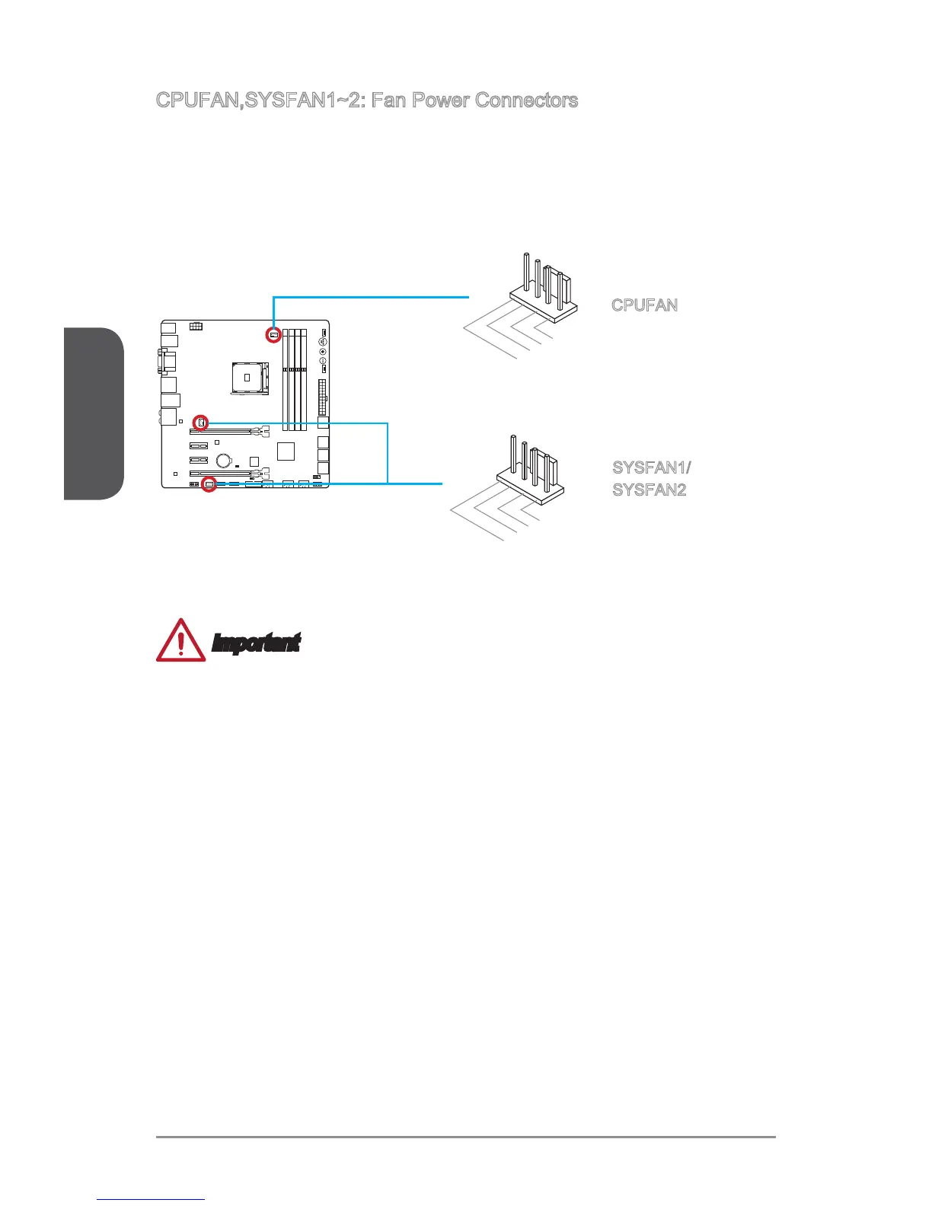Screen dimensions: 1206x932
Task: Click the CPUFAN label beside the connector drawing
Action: (644, 305)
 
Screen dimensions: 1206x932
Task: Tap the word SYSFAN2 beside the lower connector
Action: (650, 490)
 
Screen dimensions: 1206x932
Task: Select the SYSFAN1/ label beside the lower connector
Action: (652, 467)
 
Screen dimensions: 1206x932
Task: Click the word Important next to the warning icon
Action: (256, 644)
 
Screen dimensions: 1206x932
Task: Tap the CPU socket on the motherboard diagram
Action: (248, 376)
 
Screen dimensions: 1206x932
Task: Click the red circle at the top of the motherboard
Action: (273, 334)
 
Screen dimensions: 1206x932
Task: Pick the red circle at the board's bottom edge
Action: (209, 484)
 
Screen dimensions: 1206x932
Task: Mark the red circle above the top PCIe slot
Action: (200, 422)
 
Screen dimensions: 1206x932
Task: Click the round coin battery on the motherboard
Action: (224, 460)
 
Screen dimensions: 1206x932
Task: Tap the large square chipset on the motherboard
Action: (286, 451)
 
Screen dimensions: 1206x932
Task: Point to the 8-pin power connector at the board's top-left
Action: (196, 327)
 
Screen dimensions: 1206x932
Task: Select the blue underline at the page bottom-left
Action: (151, 1201)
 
